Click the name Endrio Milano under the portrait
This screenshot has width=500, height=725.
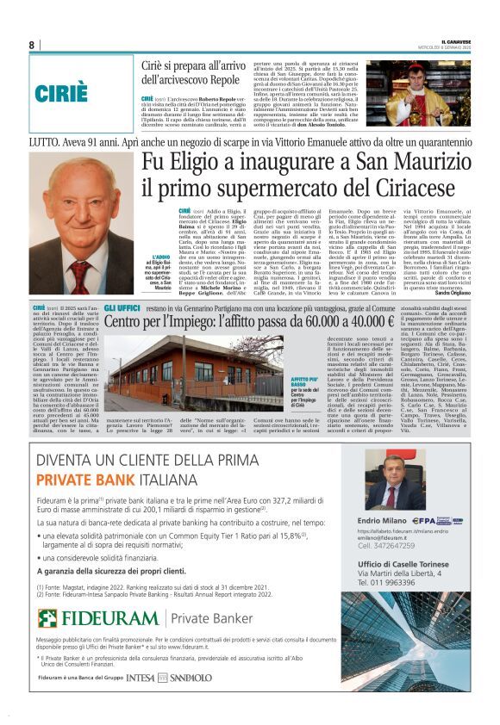pyautogui.click(x=378, y=521)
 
